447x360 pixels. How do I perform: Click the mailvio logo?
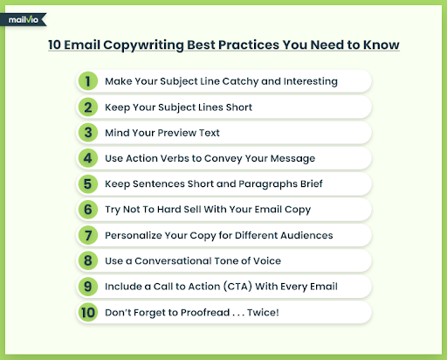pos(24,19)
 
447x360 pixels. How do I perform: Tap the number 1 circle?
pos(88,81)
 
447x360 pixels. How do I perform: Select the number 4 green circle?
pos(88,158)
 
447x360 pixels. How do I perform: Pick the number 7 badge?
pos(88,235)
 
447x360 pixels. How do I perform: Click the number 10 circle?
pos(88,312)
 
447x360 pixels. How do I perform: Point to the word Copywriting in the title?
pos(143,45)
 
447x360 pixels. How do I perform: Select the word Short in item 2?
pos(239,107)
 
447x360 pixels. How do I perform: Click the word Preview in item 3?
pos(177,133)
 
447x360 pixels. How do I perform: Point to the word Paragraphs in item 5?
pos(268,184)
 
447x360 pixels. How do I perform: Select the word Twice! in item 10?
pos(263,312)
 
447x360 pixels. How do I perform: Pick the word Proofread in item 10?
pos(205,312)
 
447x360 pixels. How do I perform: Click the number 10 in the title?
pos(54,45)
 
